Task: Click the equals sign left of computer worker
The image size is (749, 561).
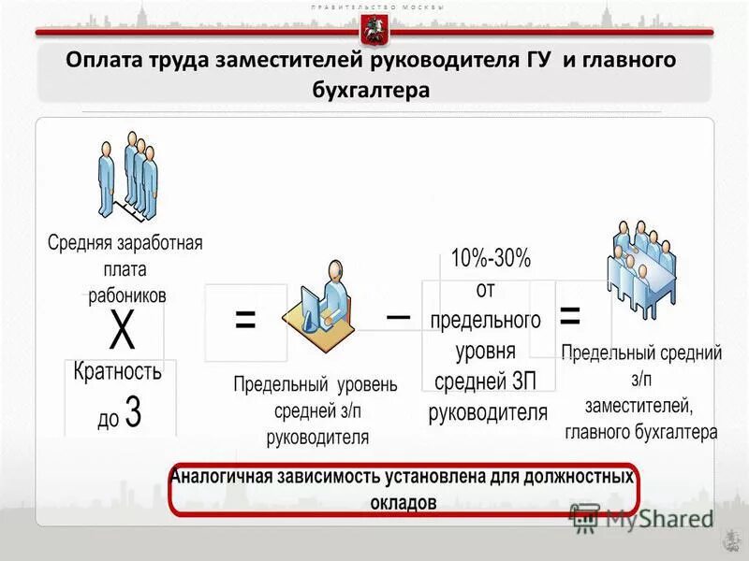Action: coord(245,320)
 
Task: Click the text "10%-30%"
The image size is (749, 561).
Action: coord(490,258)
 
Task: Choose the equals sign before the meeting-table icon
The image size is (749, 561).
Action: coord(568,315)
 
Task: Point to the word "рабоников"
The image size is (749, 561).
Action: coord(122,294)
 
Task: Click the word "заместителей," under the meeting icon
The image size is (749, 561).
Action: coord(639,407)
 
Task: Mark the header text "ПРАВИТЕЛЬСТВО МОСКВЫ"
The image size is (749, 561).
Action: coord(374,7)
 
